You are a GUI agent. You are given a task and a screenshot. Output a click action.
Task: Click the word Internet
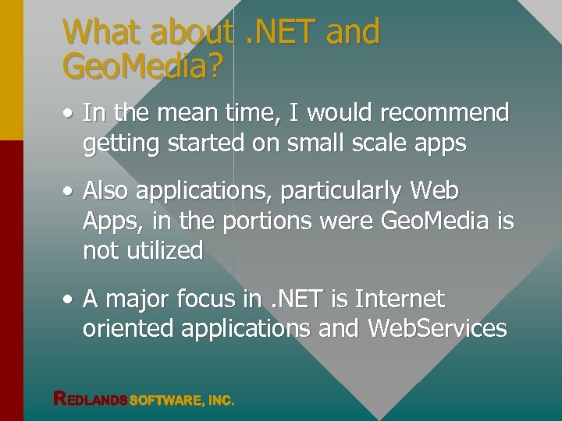tap(400, 299)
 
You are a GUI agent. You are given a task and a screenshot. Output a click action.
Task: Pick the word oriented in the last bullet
tap(128, 329)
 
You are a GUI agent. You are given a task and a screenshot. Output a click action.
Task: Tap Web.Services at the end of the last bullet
tap(437, 329)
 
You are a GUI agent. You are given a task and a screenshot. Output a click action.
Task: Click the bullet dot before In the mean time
tap(69, 114)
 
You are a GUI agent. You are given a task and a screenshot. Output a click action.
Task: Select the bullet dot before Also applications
tap(69, 191)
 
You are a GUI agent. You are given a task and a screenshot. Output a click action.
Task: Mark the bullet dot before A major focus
tap(69, 299)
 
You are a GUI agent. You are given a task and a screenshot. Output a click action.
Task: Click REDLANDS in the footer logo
tap(90, 399)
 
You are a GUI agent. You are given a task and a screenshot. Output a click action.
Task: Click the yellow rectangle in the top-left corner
tap(11, 70)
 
